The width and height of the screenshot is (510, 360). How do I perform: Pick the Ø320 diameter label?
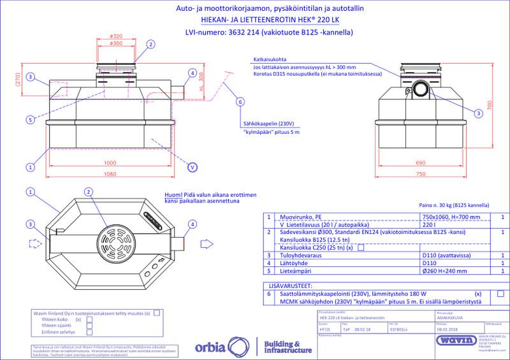(116, 36)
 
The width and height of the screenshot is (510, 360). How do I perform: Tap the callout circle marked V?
(191, 168)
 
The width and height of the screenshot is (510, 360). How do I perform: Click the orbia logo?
(223, 349)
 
